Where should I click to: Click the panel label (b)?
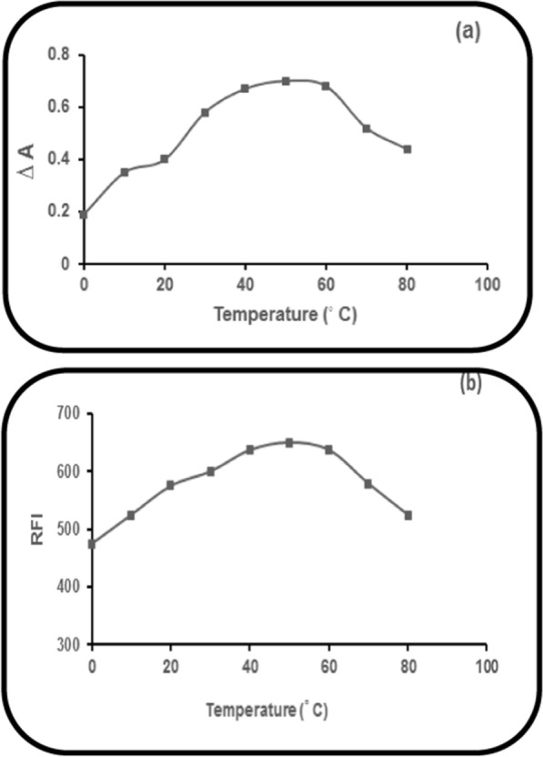click(x=471, y=382)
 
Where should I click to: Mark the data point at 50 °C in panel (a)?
click(x=286, y=81)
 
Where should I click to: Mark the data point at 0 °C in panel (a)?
click(x=84, y=215)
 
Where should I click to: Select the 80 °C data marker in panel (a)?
click(x=407, y=149)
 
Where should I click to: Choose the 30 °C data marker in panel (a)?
click(x=205, y=112)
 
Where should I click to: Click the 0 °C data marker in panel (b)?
click(x=91, y=544)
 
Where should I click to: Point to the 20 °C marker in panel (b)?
click(x=170, y=485)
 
